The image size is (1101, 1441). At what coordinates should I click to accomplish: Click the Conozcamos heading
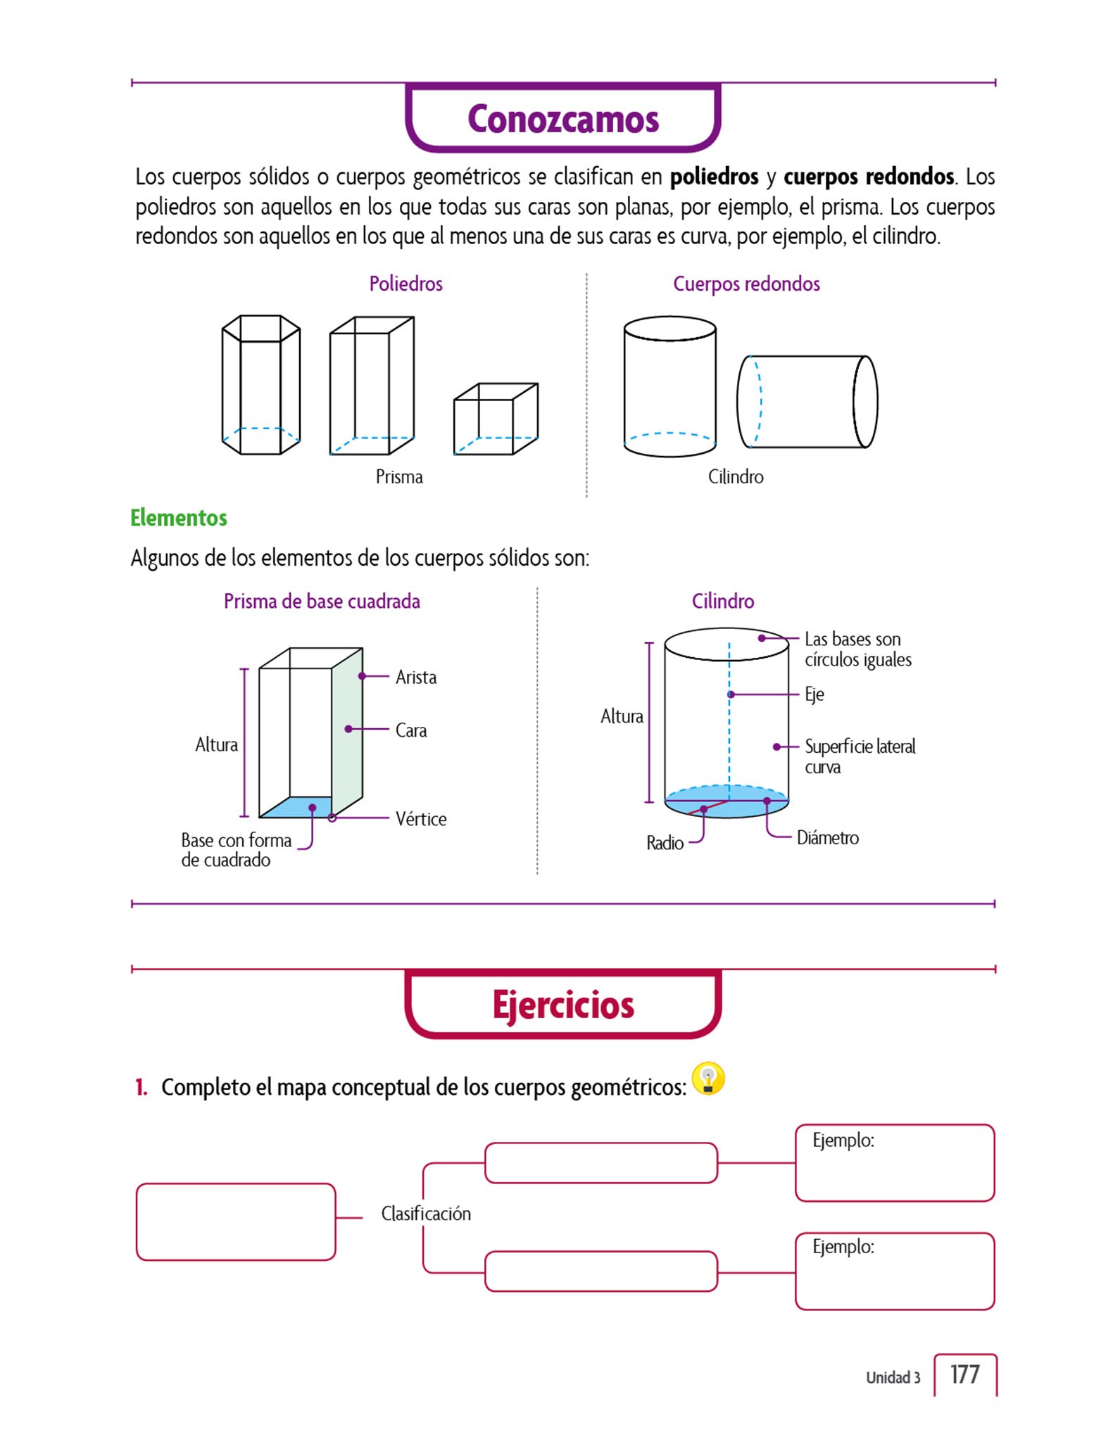[563, 119]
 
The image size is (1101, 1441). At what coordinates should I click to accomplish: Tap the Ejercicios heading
[563, 1005]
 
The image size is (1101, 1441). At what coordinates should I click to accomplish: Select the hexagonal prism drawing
[261, 385]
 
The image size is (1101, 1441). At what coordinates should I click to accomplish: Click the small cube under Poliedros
[496, 419]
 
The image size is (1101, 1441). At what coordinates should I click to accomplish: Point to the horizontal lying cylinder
[807, 402]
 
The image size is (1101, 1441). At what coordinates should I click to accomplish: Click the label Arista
[416, 677]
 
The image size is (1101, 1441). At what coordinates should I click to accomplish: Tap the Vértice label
[421, 819]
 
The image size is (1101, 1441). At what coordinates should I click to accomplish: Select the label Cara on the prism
[411, 730]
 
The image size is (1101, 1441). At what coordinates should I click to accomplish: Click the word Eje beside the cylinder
[814, 694]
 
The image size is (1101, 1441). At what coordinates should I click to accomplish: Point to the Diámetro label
[828, 838]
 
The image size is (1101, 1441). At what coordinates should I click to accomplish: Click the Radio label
[665, 843]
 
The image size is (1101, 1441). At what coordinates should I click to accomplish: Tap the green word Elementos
[179, 518]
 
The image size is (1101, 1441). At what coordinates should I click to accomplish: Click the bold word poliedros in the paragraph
[714, 177]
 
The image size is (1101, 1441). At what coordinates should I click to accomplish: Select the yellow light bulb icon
[708, 1079]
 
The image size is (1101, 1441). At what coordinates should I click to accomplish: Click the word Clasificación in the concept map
[426, 1214]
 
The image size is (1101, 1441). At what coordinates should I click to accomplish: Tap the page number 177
[964, 1374]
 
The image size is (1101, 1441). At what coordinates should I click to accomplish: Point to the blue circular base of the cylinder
[726, 802]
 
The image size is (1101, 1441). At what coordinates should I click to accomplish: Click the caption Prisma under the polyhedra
[399, 477]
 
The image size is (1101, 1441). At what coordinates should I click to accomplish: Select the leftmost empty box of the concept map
[236, 1221]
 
